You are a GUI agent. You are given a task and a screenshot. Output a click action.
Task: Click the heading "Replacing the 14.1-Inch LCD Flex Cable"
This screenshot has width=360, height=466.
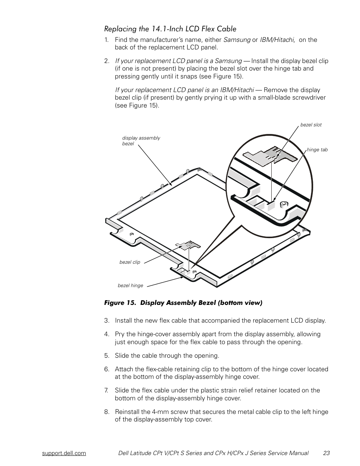click(x=170, y=29)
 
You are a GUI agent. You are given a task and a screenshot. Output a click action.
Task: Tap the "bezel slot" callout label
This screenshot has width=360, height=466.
click(x=311, y=125)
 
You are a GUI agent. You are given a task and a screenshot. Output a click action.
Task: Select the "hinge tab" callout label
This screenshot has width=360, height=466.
click(x=317, y=150)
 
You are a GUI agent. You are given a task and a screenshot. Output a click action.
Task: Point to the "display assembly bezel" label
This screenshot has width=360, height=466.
click(x=141, y=141)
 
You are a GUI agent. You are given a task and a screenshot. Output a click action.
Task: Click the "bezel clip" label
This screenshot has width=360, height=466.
click(x=129, y=262)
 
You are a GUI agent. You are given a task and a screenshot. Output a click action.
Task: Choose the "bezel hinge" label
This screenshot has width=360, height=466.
click(x=130, y=286)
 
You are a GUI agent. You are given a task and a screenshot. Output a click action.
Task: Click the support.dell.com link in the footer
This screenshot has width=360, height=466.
click(x=64, y=453)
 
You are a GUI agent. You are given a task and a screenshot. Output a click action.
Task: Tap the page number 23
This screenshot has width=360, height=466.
click(x=326, y=453)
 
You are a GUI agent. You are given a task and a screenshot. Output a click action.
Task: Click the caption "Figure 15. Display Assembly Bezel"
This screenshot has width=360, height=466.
click(x=183, y=303)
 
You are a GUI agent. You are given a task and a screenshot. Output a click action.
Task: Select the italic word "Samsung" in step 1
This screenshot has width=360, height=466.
click(x=237, y=40)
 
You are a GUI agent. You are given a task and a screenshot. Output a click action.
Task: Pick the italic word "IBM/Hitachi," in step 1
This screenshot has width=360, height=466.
click(x=277, y=40)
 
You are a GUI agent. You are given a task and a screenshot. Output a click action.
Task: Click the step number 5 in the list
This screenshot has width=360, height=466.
click(x=107, y=356)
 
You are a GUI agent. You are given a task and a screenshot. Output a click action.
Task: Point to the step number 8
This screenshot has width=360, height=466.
click(x=107, y=412)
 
